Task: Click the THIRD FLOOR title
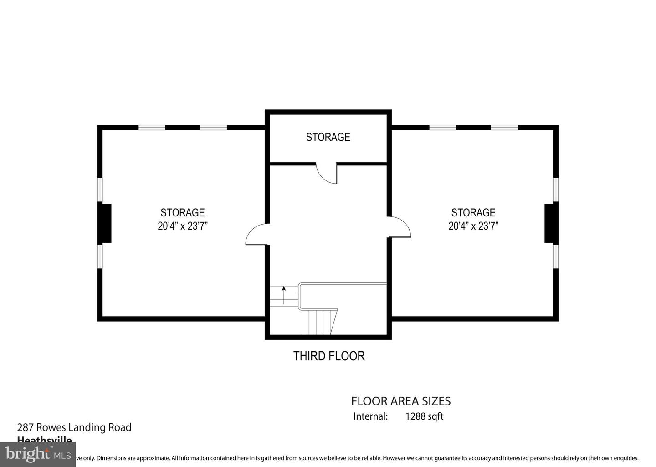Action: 329,356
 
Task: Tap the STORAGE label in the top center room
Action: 328,137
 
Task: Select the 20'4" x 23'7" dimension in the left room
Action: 183,226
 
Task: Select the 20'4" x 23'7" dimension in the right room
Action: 473,226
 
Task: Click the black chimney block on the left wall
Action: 106,223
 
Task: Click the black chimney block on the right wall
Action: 550,223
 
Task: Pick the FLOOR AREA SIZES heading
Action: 401,401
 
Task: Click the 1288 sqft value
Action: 424,416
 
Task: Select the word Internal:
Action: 370,416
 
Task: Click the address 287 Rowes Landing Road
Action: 74,427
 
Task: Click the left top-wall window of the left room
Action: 152,128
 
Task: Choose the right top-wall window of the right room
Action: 504,128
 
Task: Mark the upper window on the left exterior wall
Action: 100,190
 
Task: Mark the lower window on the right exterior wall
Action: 556,256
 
